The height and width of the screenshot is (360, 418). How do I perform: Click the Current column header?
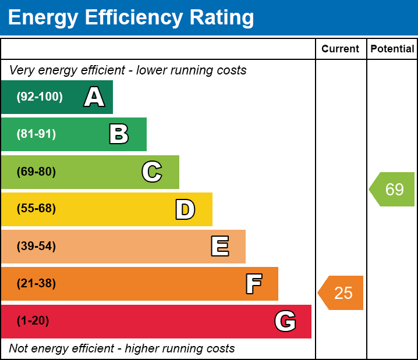pyautogui.click(x=340, y=49)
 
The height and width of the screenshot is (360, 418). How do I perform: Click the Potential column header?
pyautogui.click(x=392, y=49)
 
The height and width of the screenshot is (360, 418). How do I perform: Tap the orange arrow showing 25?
pyautogui.click(x=341, y=293)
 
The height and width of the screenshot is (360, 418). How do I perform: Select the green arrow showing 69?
pyautogui.click(x=392, y=189)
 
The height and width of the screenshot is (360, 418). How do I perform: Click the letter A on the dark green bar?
pyautogui.click(x=94, y=97)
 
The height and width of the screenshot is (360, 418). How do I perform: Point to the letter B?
pyautogui.click(x=119, y=134)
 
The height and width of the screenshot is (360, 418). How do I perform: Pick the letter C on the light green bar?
pyautogui.click(x=152, y=172)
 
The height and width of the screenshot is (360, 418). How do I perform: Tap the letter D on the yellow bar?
pyautogui.click(x=185, y=209)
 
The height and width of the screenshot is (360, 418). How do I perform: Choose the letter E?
pyautogui.click(x=220, y=246)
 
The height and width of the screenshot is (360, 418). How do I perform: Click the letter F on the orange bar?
pyautogui.click(x=254, y=284)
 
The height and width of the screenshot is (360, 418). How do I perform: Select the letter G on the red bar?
pyautogui.click(x=285, y=321)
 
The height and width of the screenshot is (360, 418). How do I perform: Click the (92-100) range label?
pyautogui.click(x=40, y=97)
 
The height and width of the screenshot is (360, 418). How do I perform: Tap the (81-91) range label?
pyautogui.click(x=36, y=134)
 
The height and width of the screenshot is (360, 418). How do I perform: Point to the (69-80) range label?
pyautogui.click(x=36, y=172)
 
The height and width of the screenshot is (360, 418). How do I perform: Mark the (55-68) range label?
pyautogui.click(x=36, y=208)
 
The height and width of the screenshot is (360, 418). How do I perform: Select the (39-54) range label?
pyautogui.click(x=36, y=246)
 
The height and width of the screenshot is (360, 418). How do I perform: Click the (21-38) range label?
pyautogui.click(x=36, y=283)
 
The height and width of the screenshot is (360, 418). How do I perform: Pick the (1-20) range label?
pyautogui.click(x=33, y=320)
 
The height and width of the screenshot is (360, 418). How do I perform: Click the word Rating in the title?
pyautogui.click(x=222, y=17)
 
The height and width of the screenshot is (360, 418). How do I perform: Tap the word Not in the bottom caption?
pyautogui.click(x=17, y=348)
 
